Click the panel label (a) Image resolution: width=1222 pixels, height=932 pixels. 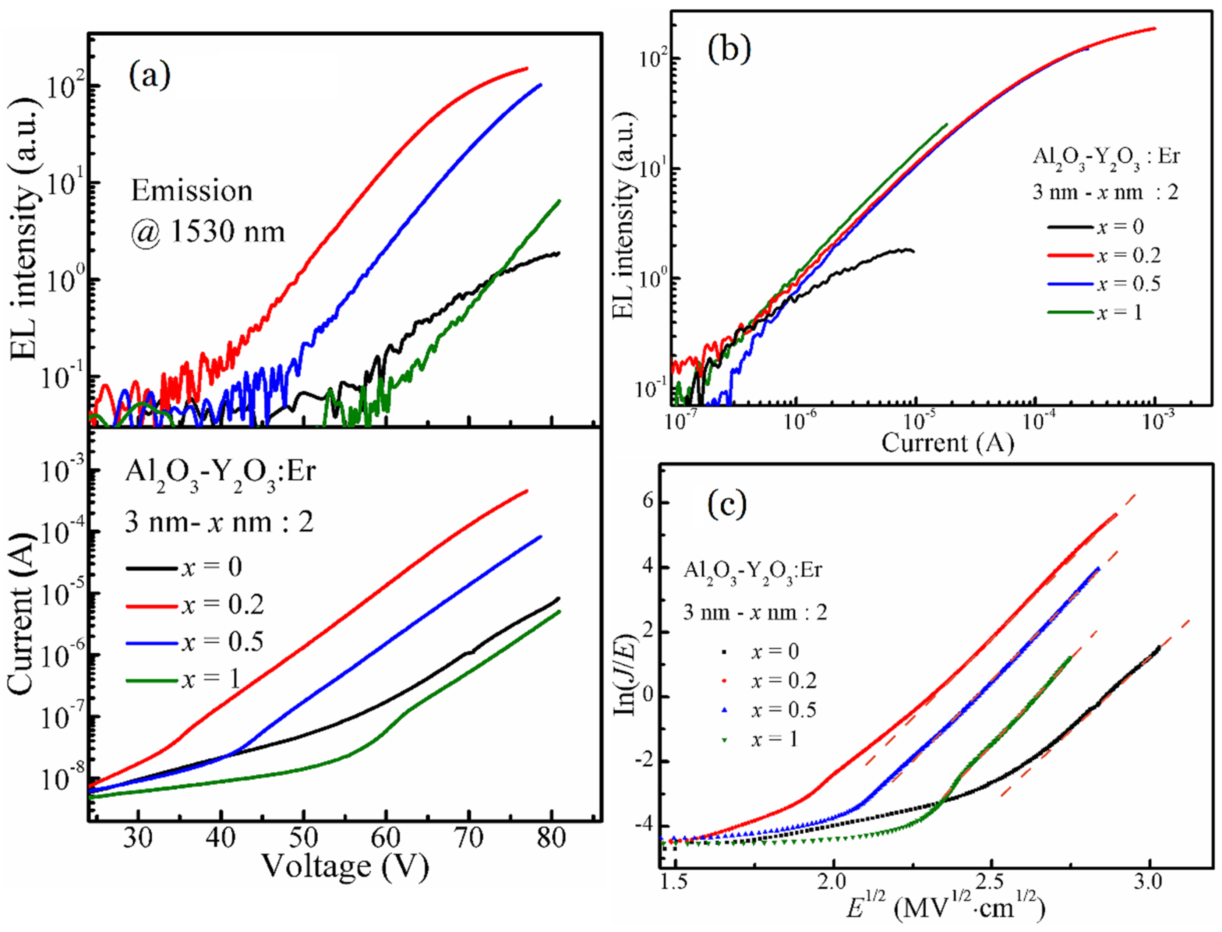point(150,76)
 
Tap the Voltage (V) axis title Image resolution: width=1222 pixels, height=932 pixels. point(345,866)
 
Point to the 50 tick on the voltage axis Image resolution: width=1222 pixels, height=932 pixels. point(303,838)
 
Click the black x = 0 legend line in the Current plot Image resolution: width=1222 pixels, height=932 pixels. point(151,568)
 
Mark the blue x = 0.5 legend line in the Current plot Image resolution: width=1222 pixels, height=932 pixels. point(151,642)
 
